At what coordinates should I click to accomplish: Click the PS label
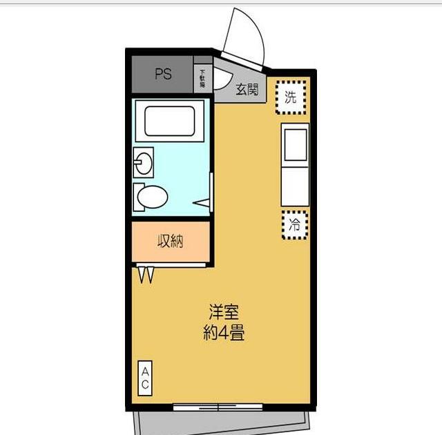click(x=163, y=75)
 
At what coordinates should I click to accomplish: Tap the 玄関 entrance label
click(x=247, y=90)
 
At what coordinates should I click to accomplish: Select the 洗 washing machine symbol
click(x=291, y=97)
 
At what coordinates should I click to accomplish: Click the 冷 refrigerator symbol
click(x=295, y=224)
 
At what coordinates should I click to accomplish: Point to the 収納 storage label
click(x=170, y=242)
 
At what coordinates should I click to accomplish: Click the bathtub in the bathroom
click(x=169, y=120)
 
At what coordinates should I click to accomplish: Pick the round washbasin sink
click(x=144, y=164)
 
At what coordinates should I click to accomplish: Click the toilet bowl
click(x=151, y=197)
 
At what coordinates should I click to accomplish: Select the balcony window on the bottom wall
click(x=218, y=407)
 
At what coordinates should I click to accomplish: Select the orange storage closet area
click(x=170, y=242)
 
